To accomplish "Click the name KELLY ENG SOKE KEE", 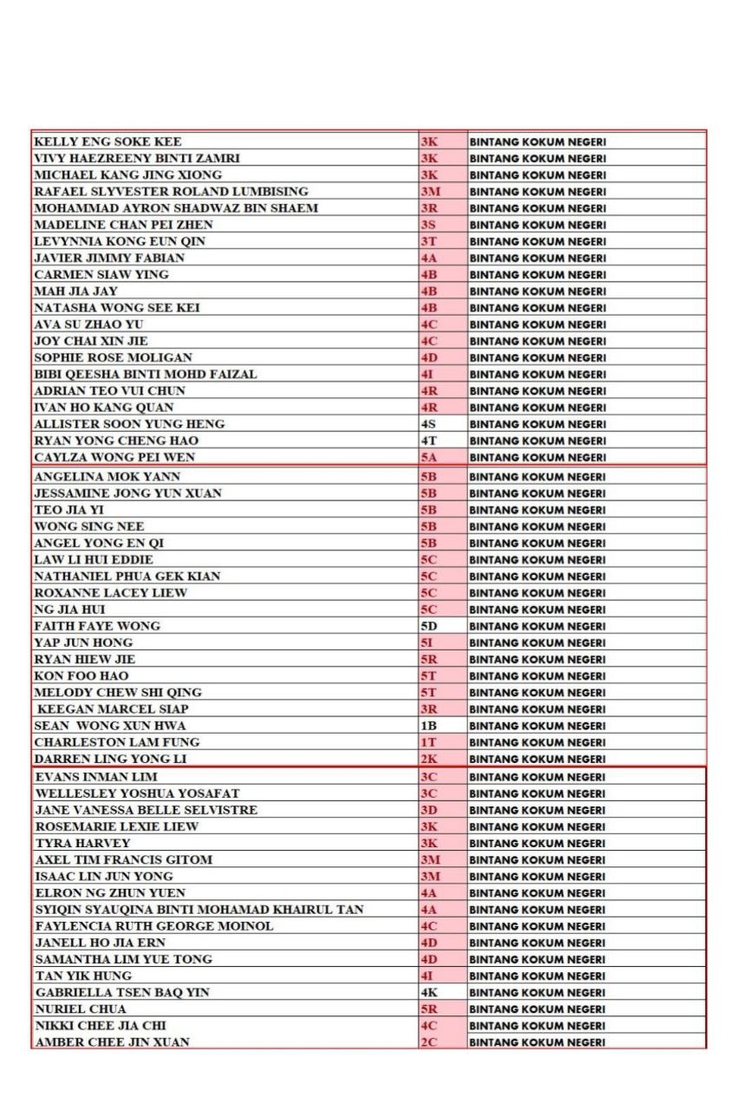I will click(107, 141).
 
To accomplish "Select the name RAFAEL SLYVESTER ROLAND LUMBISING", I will click(171, 192).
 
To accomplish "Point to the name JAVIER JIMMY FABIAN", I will click(109, 258).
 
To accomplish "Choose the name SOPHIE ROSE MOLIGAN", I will click(113, 357).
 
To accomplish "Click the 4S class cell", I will click(428, 424).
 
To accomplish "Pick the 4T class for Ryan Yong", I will click(428, 441).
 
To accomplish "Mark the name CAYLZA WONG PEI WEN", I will click(114, 457).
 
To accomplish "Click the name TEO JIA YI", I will click(68, 510).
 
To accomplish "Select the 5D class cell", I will click(429, 626).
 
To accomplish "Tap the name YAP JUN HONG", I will click(83, 643).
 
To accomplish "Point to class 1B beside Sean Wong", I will click(428, 726).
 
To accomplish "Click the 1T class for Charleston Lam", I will click(428, 742).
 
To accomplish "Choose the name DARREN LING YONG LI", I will click(110, 759).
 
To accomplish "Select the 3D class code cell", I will click(429, 810).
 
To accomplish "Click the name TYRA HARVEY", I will click(83, 843).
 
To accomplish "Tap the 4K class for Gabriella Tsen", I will click(429, 992).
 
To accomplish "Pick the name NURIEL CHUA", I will click(81, 1009).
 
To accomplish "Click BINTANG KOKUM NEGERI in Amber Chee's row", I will click(537, 1042).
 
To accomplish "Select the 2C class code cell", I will click(429, 1042).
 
